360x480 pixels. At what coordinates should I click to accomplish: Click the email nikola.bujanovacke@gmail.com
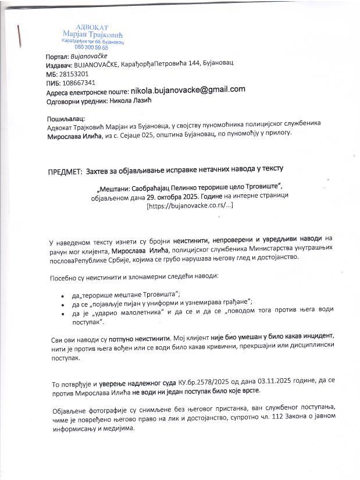[x=188, y=90]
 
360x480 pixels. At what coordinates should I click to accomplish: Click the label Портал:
[x=56, y=56]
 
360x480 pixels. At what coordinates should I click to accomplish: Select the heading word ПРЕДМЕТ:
[x=64, y=170]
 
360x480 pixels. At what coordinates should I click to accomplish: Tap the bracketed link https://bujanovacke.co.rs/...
[x=181, y=205]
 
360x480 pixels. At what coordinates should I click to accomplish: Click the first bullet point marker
[x=62, y=295]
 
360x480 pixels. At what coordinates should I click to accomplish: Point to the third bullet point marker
[x=62, y=314]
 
